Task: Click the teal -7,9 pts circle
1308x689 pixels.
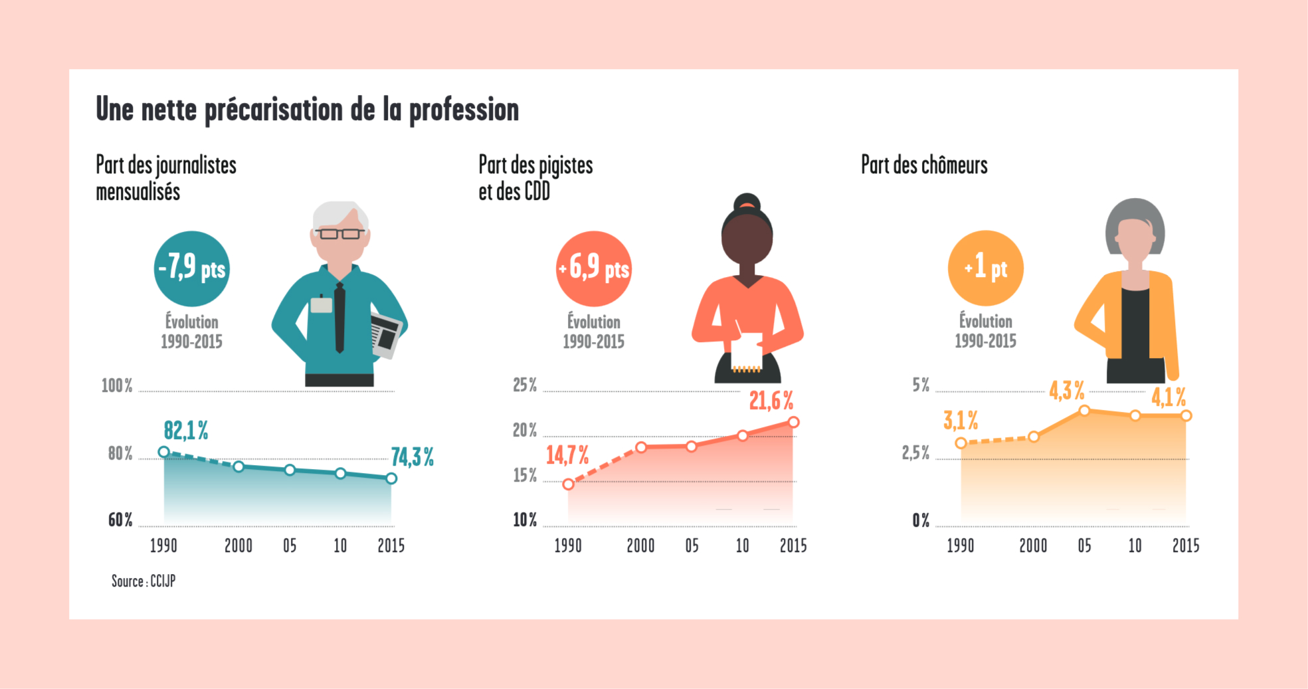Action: point(191,268)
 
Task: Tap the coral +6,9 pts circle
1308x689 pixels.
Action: point(593,268)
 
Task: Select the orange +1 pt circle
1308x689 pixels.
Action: point(985,268)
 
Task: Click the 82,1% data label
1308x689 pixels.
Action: point(186,431)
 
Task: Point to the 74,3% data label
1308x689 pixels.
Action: point(412,457)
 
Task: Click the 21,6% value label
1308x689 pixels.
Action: point(771,401)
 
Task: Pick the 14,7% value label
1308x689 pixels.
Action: point(567,455)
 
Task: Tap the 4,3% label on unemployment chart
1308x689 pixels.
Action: point(1066,391)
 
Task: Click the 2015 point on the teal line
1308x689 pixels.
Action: point(391,478)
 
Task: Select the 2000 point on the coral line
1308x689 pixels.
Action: point(641,447)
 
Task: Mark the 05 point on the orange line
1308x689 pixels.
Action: point(1084,411)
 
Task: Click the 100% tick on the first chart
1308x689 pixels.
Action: point(117,386)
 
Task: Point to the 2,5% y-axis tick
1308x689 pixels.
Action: point(915,453)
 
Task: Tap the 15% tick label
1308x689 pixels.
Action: point(525,476)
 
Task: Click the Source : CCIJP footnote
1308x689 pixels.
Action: point(143,581)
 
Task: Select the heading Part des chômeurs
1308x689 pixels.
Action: point(924,165)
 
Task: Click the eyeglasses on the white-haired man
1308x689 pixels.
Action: point(339,233)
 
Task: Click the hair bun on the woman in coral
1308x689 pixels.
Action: point(747,201)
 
